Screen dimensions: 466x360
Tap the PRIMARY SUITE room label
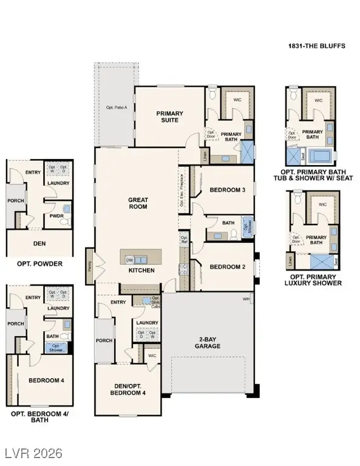170,116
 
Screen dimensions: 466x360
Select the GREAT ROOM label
138,203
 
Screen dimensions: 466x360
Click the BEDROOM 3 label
227,190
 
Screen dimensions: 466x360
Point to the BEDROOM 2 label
227,266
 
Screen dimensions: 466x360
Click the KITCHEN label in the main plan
141,270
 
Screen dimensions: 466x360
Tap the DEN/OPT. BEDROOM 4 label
128,389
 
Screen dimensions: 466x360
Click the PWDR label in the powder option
57,215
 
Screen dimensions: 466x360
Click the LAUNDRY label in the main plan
147,323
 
